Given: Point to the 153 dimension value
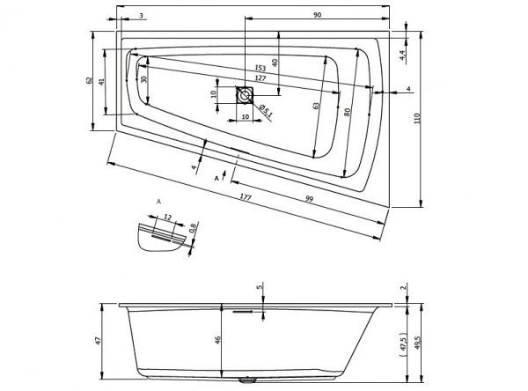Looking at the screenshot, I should (x=260, y=68).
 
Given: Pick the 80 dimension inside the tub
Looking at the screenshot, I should (x=348, y=112).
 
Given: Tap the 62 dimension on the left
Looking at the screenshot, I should (x=90, y=81).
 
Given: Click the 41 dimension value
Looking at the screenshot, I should (x=103, y=81).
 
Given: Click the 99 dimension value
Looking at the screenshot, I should (x=310, y=199).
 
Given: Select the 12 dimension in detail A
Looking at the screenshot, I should (x=167, y=216).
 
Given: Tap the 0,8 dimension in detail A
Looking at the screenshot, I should (x=194, y=232).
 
